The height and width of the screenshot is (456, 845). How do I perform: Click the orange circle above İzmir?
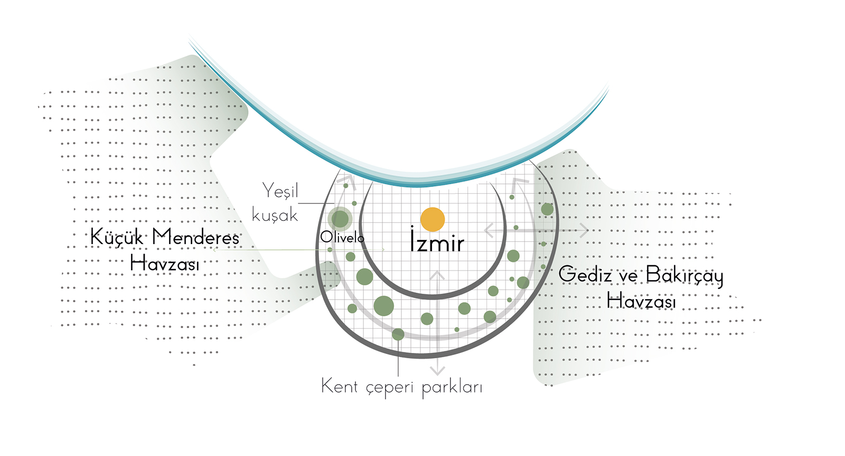pos(433,219)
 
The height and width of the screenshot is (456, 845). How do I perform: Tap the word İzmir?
pos(437,241)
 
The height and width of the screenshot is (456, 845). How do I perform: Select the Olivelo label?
pos(342,238)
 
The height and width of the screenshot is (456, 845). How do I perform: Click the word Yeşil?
pos(280,191)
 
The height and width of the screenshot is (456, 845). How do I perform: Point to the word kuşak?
pos(275,216)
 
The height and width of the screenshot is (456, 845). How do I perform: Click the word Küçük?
pos(117,237)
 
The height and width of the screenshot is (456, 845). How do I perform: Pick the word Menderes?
pos(195,237)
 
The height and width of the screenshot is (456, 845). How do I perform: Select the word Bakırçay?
pos(684,275)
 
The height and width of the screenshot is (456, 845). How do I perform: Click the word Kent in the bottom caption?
pos(340,386)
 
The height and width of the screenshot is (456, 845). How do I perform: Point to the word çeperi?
pos(389,387)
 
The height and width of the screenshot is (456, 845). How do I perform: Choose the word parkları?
pos(452,387)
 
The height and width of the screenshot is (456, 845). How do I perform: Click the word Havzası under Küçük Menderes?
pos(165,263)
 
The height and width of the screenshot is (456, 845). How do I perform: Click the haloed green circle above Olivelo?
pos(340,219)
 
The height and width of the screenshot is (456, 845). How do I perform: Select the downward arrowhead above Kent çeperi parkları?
pos(437,369)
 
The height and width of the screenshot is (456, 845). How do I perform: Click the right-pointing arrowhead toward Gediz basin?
pos(584,230)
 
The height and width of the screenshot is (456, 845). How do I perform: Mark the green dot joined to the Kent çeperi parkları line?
pos(398,334)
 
